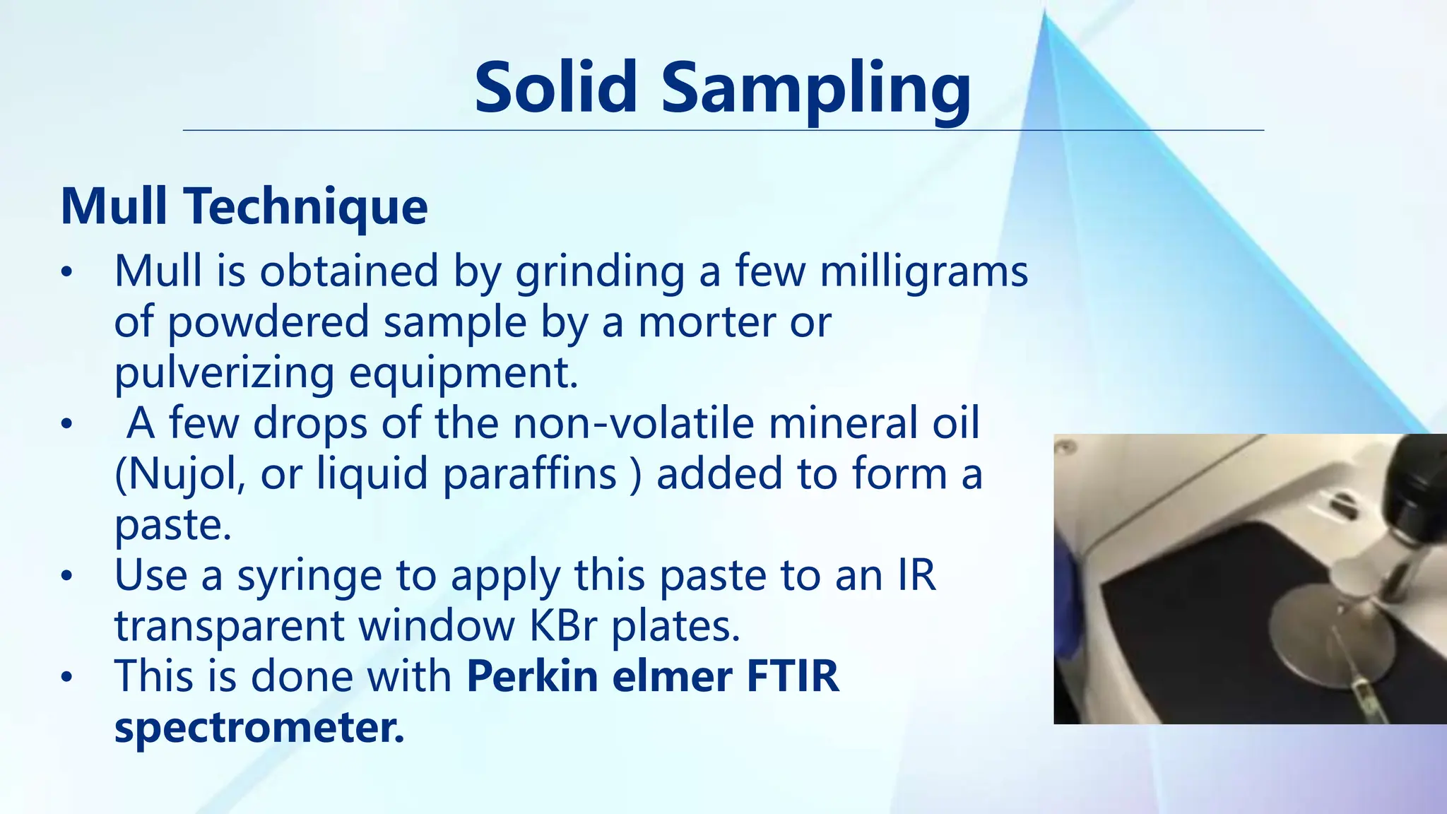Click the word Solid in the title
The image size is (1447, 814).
pos(555,88)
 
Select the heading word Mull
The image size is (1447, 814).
pos(113,206)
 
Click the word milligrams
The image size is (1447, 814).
pos(923,272)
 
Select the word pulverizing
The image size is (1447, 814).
pos(224,374)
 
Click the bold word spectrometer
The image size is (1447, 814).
pos(259,728)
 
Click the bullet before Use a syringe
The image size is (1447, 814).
pos(66,577)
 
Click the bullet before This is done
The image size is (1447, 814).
pos(66,678)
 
